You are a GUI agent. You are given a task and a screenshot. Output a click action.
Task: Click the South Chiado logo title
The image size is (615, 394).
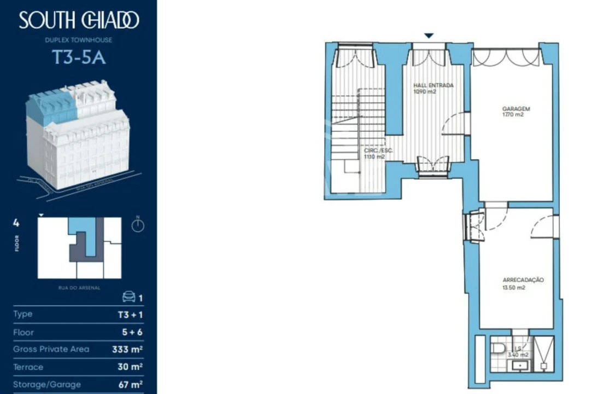(79, 21)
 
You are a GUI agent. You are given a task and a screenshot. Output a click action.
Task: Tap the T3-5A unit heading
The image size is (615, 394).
(79, 57)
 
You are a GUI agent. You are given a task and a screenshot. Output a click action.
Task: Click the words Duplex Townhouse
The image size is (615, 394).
(79, 40)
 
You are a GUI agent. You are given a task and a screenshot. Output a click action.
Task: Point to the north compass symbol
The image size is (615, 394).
(138, 225)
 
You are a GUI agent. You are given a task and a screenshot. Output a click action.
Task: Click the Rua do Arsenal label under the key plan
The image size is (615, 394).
(79, 287)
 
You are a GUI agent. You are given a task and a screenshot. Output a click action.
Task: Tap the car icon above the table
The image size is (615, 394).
(128, 297)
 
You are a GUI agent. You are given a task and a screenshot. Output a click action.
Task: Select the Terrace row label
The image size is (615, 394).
(28, 367)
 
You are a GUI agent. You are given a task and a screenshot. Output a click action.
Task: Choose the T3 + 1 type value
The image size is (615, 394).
(130, 315)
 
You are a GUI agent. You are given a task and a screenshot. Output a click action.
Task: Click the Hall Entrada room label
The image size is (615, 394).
(434, 85)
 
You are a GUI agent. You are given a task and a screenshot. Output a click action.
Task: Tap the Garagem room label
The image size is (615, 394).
(516, 109)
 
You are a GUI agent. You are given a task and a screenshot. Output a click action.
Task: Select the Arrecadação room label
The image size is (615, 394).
(523, 280)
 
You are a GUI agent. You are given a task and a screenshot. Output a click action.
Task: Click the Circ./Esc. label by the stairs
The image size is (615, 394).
(378, 150)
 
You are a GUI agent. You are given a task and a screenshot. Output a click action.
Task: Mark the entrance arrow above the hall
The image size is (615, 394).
(429, 36)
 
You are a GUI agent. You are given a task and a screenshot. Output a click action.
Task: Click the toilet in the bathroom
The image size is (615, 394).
(499, 348)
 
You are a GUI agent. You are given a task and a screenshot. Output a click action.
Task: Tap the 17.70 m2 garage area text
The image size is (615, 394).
(512, 115)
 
